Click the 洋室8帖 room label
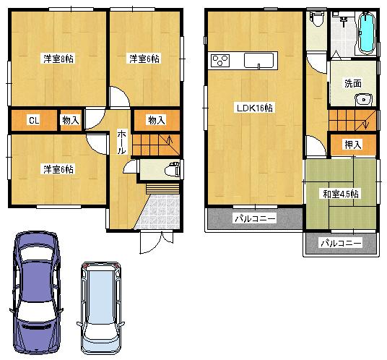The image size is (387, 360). (x=57, y=59)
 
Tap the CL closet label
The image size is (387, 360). (x=33, y=120)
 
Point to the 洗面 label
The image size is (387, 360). (x=353, y=83)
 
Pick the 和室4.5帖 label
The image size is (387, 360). (x=341, y=193)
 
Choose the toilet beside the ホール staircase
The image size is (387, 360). (x=171, y=170)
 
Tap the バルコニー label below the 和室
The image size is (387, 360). (x=341, y=243)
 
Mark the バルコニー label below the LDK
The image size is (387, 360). (x=253, y=218)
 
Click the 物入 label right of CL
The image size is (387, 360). (x=71, y=120)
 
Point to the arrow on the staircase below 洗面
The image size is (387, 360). (x=366, y=121)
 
